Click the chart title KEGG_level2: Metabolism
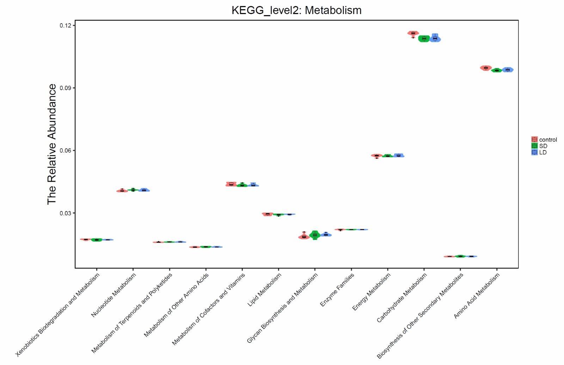point(296,10)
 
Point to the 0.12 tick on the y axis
point(65,25)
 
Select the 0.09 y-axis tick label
point(65,88)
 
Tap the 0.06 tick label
point(65,151)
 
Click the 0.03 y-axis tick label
point(65,213)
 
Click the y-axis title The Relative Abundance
point(52,144)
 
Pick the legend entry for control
point(548,140)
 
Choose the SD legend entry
point(543,146)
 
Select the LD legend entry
point(542,153)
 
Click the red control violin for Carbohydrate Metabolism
point(413,33)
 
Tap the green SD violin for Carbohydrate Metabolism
point(424,39)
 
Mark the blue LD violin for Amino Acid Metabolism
point(508,70)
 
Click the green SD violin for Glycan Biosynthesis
point(315,235)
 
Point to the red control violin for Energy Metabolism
point(377,155)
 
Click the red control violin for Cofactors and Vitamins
point(231,184)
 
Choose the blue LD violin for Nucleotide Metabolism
point(144,190)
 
